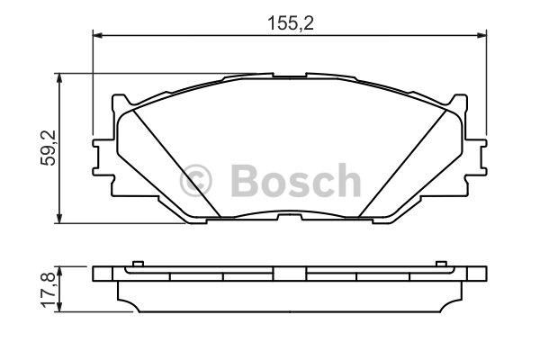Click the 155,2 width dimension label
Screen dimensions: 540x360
[x=291, y=23]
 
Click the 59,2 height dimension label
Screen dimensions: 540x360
[x=49, y=148]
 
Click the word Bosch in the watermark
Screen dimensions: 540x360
[x=296, y=181]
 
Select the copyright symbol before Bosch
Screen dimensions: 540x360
[x=195, y=181]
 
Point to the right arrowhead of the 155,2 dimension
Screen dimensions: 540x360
[x=481, y=35]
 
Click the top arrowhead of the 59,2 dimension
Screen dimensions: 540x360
[x=59, y=78]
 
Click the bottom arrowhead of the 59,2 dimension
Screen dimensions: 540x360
[x=59, y=219]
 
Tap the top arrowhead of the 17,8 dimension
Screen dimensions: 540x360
[x=59, y=271]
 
